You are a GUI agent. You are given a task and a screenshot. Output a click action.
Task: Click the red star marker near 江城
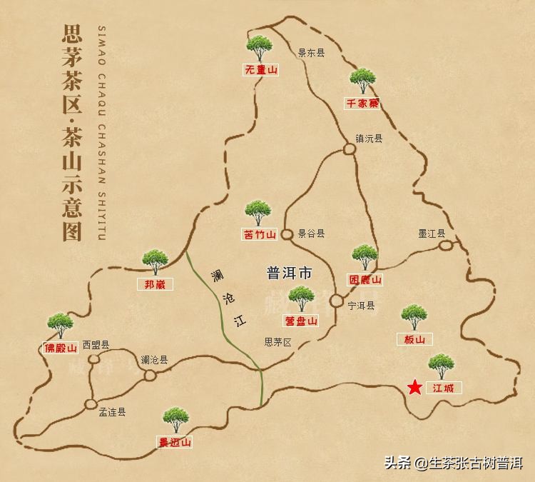coord(414,387)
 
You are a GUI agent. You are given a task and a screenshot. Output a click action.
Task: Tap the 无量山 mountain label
coord(260,70)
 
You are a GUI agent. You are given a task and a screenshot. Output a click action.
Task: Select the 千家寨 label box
coord(362,104)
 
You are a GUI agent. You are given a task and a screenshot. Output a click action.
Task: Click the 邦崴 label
coord(154,283)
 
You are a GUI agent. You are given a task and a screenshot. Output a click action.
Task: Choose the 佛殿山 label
coord(60,349)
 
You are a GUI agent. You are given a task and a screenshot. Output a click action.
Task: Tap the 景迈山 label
coord(175,442)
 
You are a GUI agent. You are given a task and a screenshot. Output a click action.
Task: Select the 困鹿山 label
coord(365,280)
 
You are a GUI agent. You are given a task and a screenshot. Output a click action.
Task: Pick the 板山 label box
coord(414,340)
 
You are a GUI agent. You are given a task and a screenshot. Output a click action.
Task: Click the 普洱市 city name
coord(289,273)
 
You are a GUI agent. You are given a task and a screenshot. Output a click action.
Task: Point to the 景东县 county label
coord(311,52)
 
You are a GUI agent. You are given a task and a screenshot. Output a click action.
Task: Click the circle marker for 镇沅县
coord(349,149)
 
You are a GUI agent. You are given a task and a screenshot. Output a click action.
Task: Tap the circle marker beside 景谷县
coord(287,234)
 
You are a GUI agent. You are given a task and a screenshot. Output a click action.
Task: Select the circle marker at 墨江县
coord(446,246)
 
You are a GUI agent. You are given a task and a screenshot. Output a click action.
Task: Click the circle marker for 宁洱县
coord(337,301)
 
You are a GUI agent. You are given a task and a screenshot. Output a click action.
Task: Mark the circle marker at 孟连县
coord(91,404)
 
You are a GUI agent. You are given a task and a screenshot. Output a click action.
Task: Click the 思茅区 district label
coord(278,342)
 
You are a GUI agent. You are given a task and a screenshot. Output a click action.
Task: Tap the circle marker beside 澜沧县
coord(150,375)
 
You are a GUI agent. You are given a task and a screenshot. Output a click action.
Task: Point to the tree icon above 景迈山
coord(175,420)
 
